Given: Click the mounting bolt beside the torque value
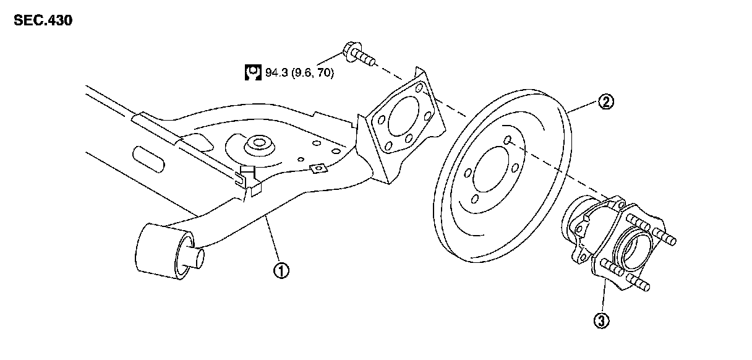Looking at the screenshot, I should click(x=357, y=53).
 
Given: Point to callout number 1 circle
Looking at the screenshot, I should click(x=281, y=270).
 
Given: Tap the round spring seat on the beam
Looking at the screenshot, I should click(x=255, y=147).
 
